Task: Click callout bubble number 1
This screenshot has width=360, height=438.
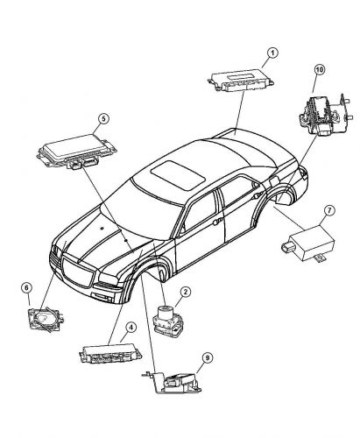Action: click(x=272, y=53)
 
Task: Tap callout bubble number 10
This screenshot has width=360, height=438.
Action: click(x=320, y=69)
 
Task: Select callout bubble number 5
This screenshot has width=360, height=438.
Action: click(x=103, y=118)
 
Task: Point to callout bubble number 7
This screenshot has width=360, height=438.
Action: click(x=329, y=210)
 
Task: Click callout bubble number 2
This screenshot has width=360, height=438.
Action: click(x=185, y=292)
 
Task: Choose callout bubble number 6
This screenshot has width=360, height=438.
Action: click(x=26, y=287)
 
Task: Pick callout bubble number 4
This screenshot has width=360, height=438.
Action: click(x=131, y=328)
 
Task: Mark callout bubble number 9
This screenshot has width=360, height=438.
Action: click(x=207, y=358)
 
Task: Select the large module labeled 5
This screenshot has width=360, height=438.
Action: click(x=76, y=152)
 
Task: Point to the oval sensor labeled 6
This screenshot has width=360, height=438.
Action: click(x=46, y=319)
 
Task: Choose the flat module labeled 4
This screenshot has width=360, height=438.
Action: click(x=110, y=353)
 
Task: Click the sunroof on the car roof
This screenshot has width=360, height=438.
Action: click(x=179, y=175)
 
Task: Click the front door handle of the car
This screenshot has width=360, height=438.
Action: click(x=217, y=222)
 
